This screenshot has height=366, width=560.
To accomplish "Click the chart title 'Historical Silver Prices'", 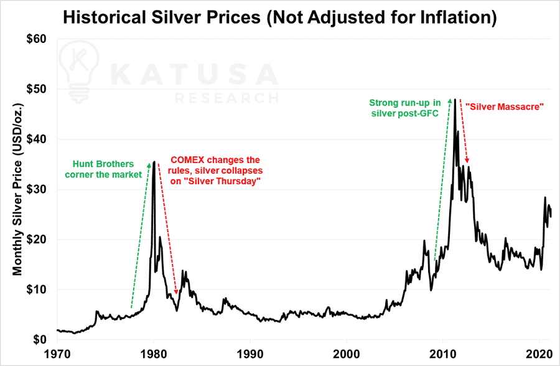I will [279, 17].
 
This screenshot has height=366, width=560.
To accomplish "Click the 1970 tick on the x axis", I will [57, 354].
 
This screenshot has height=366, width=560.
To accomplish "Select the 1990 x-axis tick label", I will [250, 354].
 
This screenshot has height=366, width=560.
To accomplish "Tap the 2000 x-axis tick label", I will [347, 354].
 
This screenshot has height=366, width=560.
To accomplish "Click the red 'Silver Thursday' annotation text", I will [215, 170].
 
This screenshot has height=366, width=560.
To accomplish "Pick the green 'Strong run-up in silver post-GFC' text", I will [404, 107].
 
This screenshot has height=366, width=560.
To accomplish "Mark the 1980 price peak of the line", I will [154, 162].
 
